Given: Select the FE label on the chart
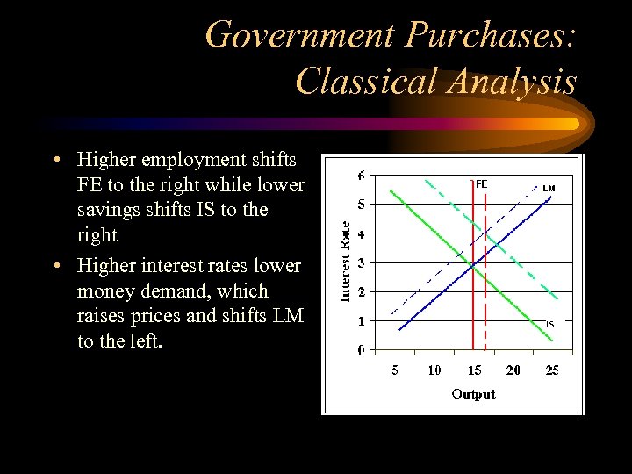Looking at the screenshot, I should (x=481, y=184).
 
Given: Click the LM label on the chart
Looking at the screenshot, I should (x=549, y=188).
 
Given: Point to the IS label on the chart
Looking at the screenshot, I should (x=549, y=325).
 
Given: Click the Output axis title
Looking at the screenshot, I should (x=473, y=394).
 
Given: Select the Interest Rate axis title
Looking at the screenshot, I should (x=345, y=262).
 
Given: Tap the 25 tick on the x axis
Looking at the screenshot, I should (x=552, y=370).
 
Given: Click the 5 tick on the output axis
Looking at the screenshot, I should (x=395, y=370).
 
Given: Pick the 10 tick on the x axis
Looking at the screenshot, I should (x=434, y=370).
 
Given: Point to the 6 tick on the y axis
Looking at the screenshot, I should (x=362, y=176).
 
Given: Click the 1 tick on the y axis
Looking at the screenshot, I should (x=362, y=321).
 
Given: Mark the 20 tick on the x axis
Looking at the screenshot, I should (x=513, y=370).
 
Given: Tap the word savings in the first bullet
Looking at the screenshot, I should (x=106, y=210).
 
